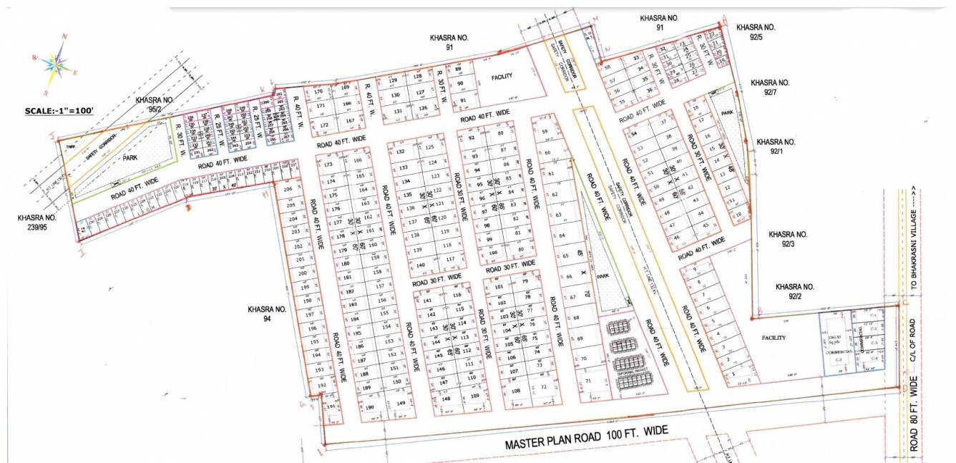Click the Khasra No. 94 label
tap(267, 315)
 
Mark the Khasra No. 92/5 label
tap(756, 31)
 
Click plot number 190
tap(369, 408)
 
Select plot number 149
tap(401, 404)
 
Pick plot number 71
tap(588, 382)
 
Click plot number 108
tap(515, 391)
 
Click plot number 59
tap(545, 132)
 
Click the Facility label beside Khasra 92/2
tap(774, 338)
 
